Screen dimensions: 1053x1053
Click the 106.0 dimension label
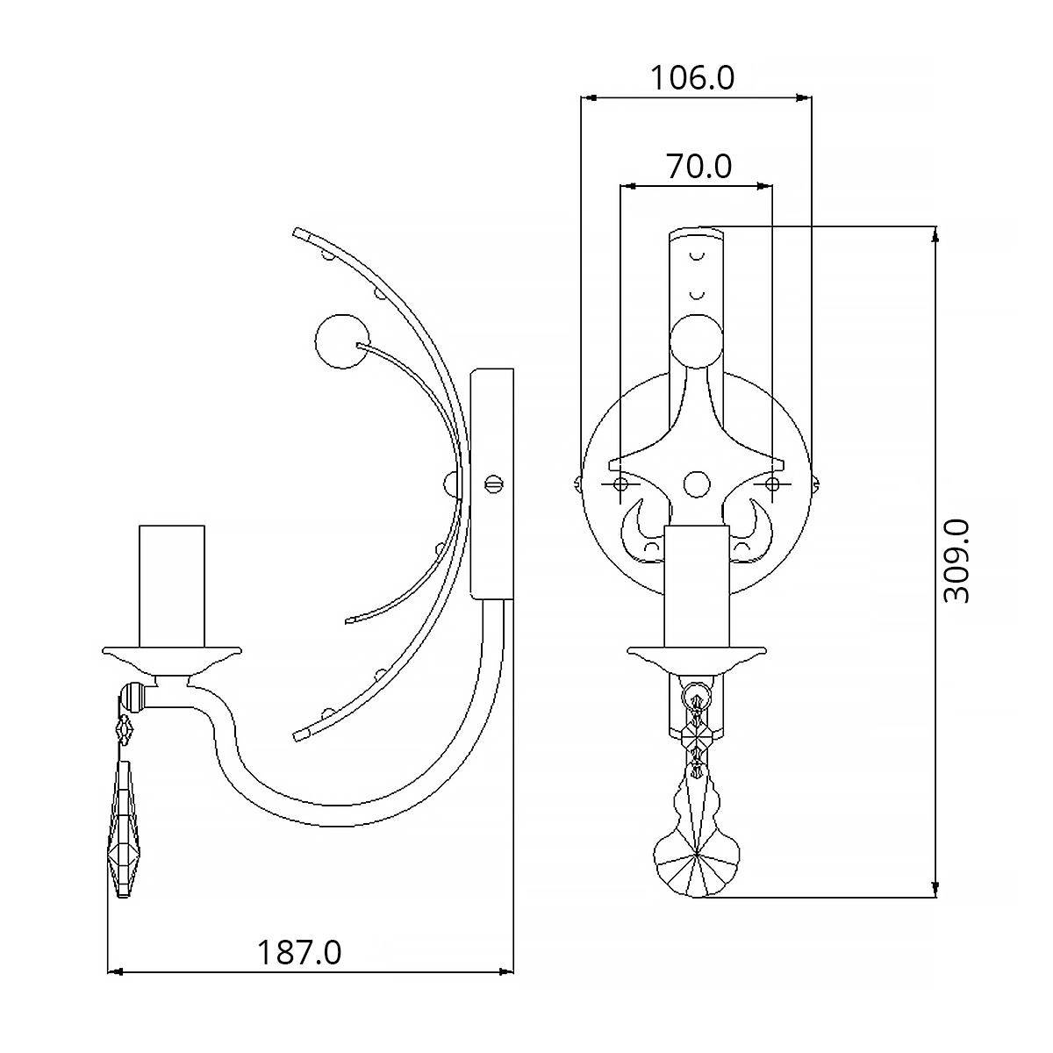pos(691,77)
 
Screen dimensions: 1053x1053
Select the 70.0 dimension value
pos(698,166)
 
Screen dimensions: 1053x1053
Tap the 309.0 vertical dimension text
pos(956,562)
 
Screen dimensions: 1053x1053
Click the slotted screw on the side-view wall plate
pos(494,484)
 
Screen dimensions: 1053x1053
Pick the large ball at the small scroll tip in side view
pos(342,341)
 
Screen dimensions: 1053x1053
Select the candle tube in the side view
pos(172,587)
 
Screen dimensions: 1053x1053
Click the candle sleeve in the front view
pos(697,587)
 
